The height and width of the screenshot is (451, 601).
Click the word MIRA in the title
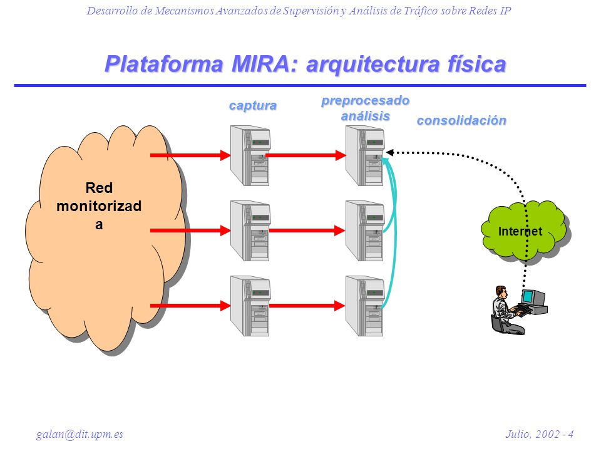click(261, 64)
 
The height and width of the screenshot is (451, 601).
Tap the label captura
click(252, 105)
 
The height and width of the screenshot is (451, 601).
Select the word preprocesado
click(365, 100)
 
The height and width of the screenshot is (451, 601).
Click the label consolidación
click(461, 120)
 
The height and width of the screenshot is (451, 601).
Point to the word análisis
click(365, 116)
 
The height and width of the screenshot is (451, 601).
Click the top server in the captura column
click(250, 156)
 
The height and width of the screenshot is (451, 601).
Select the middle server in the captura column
click(250, 231)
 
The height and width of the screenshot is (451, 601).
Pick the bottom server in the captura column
click(250, 306)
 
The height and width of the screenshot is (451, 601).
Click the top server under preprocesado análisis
click(365, 156)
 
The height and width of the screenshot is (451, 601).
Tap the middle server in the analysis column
click(365, 231)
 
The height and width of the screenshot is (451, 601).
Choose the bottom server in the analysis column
click(365, 306)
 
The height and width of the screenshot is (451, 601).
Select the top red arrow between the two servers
click(306, 155)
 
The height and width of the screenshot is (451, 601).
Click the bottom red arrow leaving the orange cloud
click(190, 306)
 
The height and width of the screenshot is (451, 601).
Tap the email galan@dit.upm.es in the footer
click(80, 434)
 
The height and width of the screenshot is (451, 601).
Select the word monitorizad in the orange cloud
click(99, 206)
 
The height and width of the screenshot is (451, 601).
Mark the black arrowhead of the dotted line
click(390, 153)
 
